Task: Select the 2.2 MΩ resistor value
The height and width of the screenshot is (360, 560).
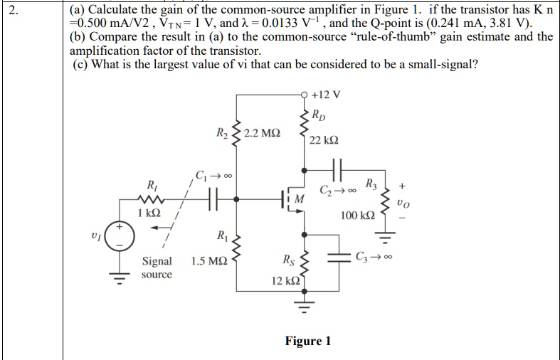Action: click(x=262, y=133)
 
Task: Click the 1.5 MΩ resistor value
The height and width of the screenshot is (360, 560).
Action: click(x=206, y=262)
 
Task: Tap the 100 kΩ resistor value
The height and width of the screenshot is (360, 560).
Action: click(x=357, y=215)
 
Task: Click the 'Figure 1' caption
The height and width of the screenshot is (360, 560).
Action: click(x=307, y=341)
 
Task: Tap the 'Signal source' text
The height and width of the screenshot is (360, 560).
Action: click(x=157, y=268)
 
